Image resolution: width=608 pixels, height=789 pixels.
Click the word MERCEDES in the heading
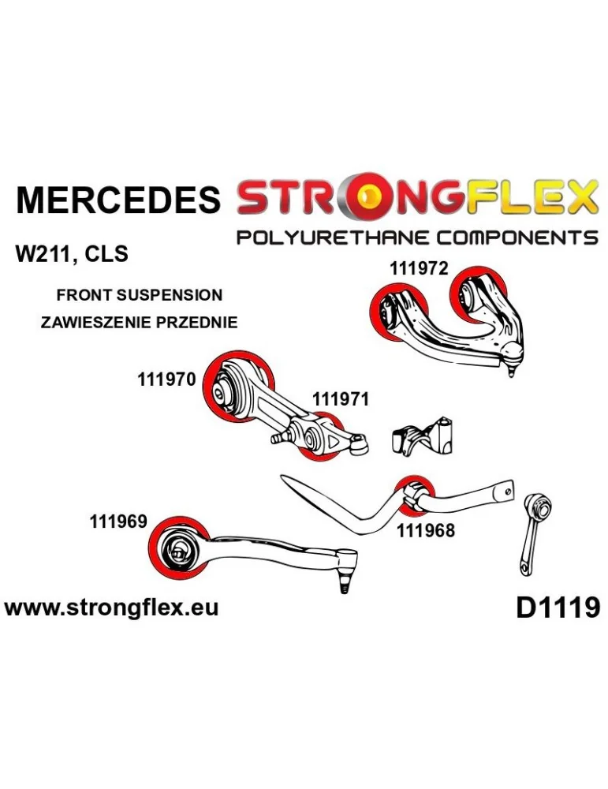[x=118, y=200]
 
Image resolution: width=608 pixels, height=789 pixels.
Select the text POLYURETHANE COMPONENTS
[x=417, y=237]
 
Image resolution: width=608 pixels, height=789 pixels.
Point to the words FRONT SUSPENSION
[x=140, y=296]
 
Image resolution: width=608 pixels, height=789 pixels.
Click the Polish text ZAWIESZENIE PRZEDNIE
[x=139, y=322]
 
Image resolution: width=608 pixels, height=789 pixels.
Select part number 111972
[x=419, y=268]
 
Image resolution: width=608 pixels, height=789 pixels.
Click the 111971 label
[x=341, y=400]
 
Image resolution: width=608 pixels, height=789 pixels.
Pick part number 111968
[x=426, y=531]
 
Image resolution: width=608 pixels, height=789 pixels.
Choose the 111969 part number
[x=118, y=522]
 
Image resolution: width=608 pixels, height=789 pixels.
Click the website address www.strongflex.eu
[x=112, y=608]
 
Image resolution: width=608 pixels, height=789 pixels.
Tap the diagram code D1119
[x=558, y=608]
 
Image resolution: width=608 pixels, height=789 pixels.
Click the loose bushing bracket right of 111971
[x=424, y=436]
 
